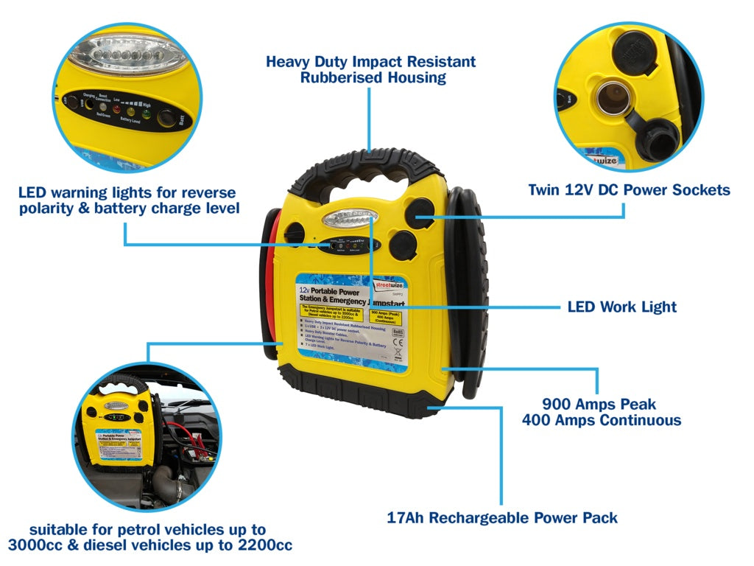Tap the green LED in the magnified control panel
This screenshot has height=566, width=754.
[146, 113]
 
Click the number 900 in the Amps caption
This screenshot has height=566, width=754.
[560, 404]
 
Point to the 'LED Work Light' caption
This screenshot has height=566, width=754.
[621, 307]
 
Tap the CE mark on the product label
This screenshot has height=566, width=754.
[398, 352]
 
